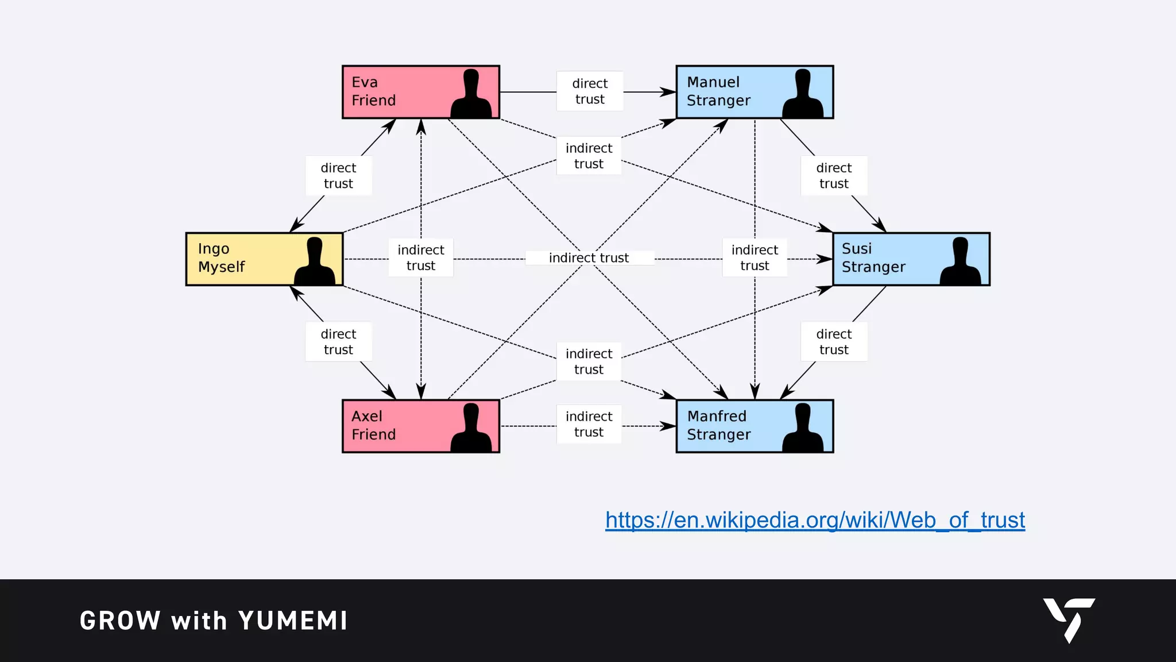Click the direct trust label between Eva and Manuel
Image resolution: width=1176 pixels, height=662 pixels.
point(590,91)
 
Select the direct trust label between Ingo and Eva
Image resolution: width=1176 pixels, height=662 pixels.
point(338,176)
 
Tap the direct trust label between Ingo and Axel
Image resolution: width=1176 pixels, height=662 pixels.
point(338,342)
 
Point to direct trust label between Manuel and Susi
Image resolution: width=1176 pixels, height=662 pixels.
point(834,176)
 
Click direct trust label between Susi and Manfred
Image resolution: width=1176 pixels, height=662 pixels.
point(834,342)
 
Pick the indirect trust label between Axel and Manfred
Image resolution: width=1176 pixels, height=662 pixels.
point(589,424)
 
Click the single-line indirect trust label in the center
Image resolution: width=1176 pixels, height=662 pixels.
point(589,258)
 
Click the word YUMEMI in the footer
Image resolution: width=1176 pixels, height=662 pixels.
point(293,621)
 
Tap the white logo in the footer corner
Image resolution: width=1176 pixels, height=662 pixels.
point(1069,619)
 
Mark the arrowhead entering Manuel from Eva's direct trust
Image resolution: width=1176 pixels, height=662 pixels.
point(669,92)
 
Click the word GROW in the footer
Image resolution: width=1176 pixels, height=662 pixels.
point(120,621)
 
